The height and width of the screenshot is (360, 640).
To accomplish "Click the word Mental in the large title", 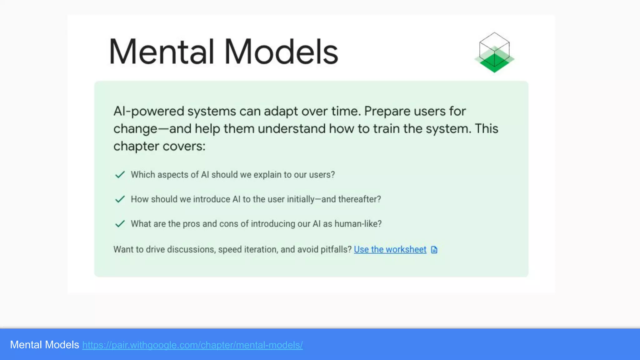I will pos(161,52).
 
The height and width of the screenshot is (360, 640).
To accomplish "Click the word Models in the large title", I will pos(281,52).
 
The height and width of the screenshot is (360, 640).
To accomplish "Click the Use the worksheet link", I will pos(390,249).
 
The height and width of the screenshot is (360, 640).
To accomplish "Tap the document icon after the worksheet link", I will pos(434,250).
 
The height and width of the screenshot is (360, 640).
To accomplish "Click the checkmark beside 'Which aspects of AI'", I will pos(120,174).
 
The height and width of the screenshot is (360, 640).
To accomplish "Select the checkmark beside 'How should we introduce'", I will pos(120,199).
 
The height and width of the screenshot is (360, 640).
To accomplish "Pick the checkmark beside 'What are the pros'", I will pos(120,224).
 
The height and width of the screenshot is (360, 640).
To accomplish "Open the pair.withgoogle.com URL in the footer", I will pos(192,345).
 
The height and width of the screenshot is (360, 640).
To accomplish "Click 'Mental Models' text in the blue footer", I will pos(44,345).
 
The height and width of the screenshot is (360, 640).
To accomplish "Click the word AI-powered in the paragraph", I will pos(148,112).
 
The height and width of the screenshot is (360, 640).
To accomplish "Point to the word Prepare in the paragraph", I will pos(387,112).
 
